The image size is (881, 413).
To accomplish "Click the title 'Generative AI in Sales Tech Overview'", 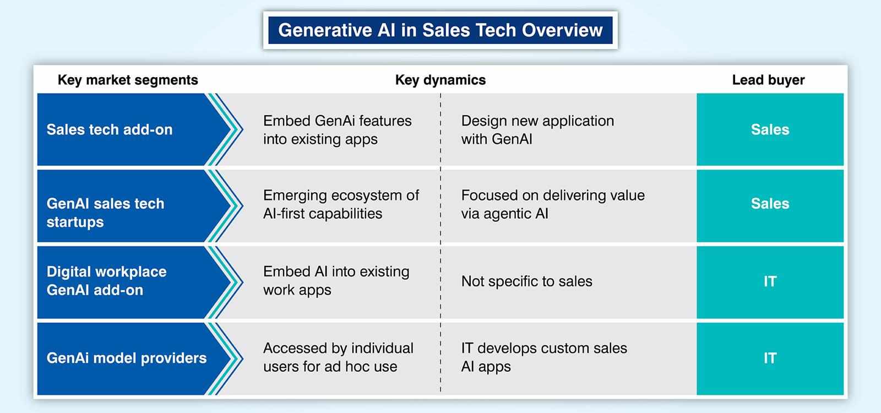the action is point(440,30).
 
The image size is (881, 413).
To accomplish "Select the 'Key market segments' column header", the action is point(128,80).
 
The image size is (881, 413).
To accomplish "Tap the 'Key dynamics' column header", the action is point(440,80).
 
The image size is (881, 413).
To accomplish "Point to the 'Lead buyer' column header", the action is point(768,80).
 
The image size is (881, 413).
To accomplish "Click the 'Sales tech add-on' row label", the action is point(110,129).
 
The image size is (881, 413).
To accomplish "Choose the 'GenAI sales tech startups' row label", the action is point(105,213).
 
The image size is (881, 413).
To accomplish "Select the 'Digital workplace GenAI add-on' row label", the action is point(107,280).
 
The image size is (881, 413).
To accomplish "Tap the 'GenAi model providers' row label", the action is point(126,358).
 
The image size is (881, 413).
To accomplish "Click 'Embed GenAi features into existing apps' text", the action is point(338,130).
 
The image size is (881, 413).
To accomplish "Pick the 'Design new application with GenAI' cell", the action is point(537,130).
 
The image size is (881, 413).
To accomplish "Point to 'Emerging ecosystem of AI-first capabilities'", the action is point(341,204).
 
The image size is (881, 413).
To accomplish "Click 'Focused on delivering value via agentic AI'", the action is point(553,204).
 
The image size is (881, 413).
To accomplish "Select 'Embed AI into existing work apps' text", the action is point(336,280).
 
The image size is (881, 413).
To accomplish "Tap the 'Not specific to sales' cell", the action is point(526,281).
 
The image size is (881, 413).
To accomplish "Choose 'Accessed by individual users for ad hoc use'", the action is point(338,357).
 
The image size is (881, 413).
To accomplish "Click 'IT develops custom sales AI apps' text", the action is point(545,357).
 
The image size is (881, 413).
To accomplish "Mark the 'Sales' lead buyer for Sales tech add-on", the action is point(770,129).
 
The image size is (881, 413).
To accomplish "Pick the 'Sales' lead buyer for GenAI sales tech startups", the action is point(770,203).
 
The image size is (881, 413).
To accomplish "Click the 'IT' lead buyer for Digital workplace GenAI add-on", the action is point(770,281).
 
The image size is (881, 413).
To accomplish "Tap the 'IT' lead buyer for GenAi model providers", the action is point(770,358).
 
